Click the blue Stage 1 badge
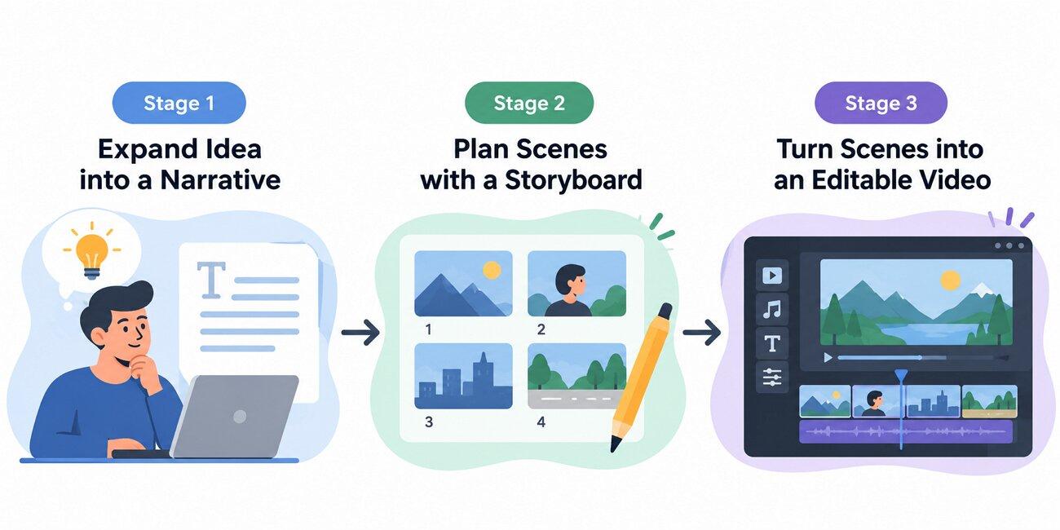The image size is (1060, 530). (179, 103)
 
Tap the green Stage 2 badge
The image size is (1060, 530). (529, 103)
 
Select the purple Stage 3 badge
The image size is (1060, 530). (881, 103)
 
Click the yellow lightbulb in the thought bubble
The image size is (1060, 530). (92, 255)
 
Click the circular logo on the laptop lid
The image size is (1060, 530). (240, 417)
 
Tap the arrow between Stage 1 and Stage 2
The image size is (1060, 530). (360, 333)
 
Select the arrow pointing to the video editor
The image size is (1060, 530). (702, 333)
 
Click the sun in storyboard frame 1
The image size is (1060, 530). (492, 270)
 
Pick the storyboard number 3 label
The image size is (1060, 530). (429, 422)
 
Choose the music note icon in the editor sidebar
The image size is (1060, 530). (772, 310)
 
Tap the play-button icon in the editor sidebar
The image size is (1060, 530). (772, 276)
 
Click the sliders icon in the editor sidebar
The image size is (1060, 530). (772, 378)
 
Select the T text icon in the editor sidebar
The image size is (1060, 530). (772, 343)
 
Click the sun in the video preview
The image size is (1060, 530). (950, 280)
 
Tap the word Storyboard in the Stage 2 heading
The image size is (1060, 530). (573, 180)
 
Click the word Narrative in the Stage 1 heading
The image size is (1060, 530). (220, 180)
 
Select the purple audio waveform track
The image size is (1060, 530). (906, 432)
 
